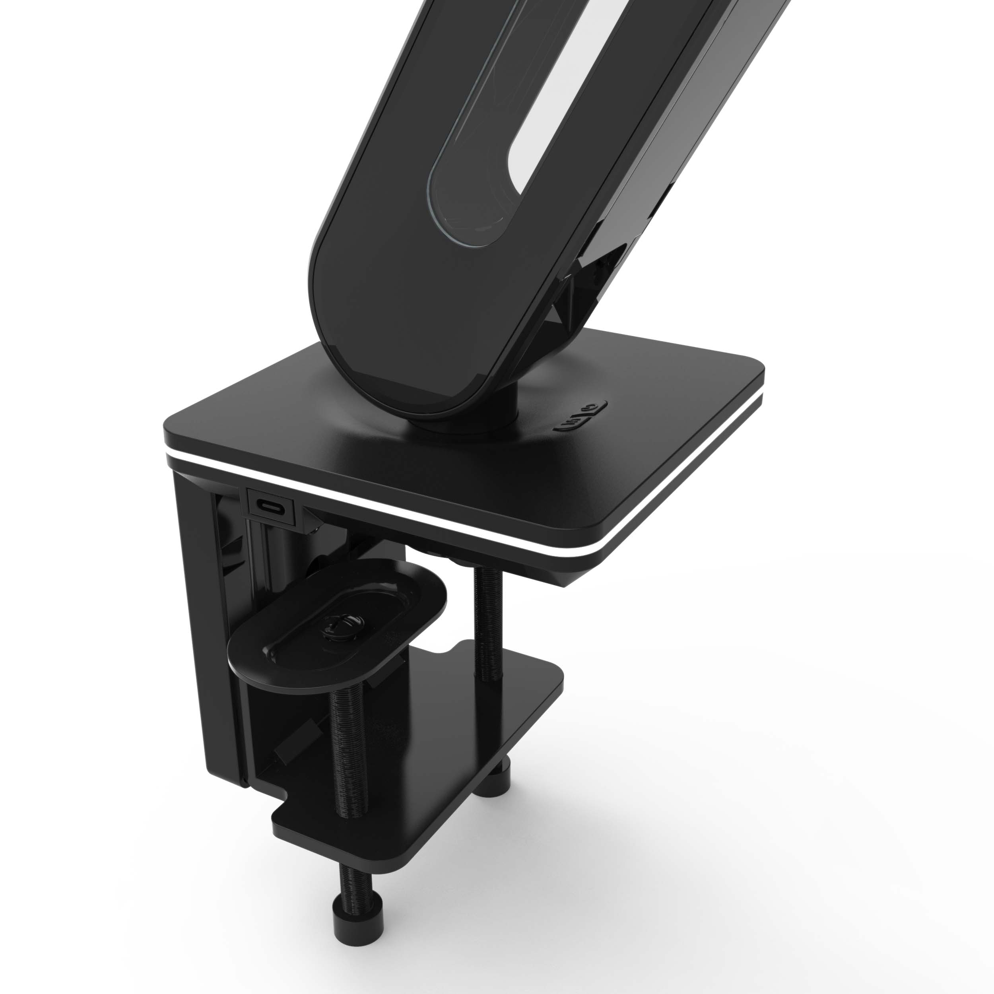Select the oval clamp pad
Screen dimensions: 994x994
tap(337, 628)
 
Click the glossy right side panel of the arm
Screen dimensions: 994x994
tap(720, 128)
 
